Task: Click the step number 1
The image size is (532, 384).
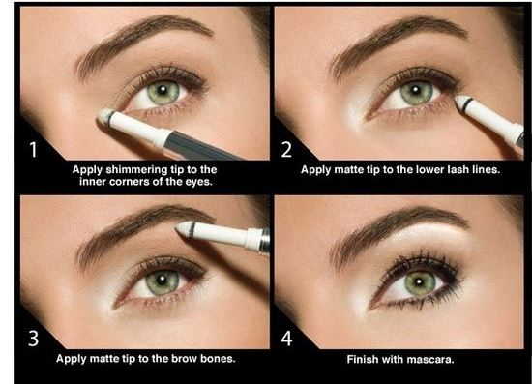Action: click(x=33, y=150)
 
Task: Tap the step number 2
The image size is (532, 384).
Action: click(x=286, y=150)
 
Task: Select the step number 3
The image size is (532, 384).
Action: click(x=33, y=339)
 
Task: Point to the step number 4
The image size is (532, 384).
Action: click(x=286, y=339)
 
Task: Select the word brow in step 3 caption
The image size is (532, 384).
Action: click(x=185, y=359)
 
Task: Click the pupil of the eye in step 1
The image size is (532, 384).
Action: click(x=163, y=90)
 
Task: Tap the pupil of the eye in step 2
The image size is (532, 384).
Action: click(x=416, y=91)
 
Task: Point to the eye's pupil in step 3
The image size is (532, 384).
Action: click(x=162, y=281)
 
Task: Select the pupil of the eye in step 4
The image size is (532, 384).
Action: click(x=419, y=281)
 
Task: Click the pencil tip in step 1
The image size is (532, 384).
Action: click(x=103, y=116)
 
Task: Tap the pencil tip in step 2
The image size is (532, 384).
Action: click(x=459, y=101)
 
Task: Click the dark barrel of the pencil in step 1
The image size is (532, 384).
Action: click(x=202, y=147)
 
